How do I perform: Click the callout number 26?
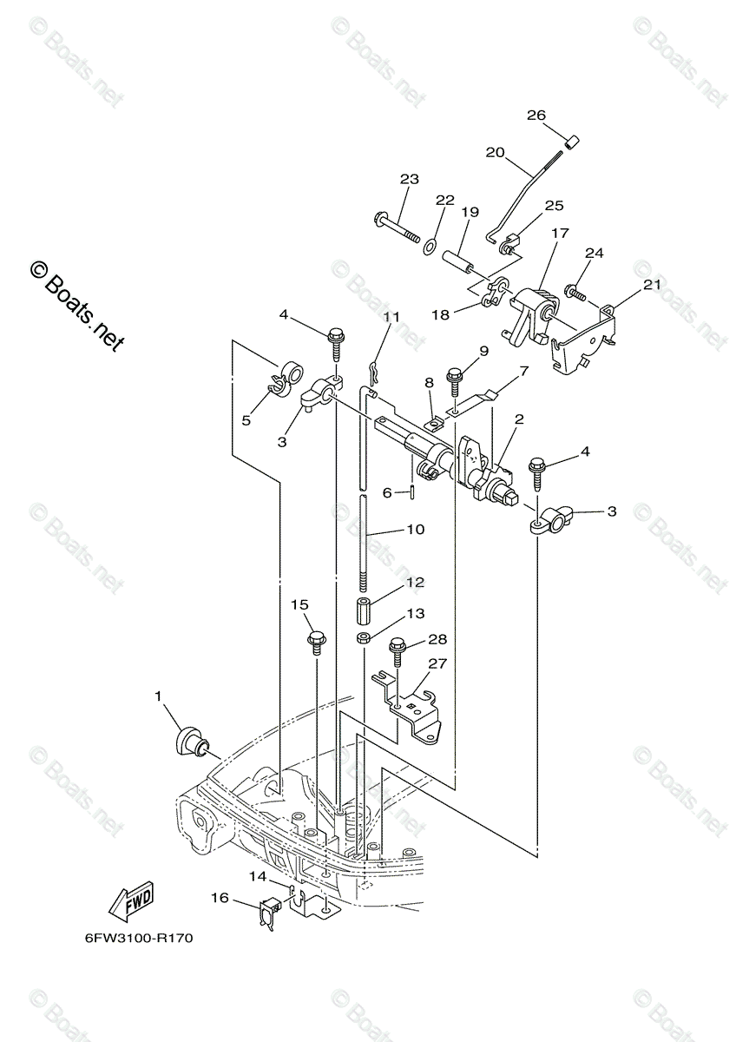pyautogui.click(x=536, y=115)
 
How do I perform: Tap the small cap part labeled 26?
pyautogui.click(x=573, y=142)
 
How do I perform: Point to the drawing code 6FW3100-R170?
pyautogui.click(x=139, y=939)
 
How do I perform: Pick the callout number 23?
pyautogui.click(x=409, y=180)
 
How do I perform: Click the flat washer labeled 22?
pyautogui.click(x=430, y=248)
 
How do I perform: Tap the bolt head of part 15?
pyautogui.click(x=316, y=643)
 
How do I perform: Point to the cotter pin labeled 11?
pyautogui.click(x=374, y=372)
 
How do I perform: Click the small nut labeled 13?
pyautogui.click(x=364, y=639)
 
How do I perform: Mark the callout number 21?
pyautogui.click(x=651, y=285)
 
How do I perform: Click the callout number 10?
pyautogui.click(x=415, y=529)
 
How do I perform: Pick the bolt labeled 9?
pyautogui.click(x=454, y=379)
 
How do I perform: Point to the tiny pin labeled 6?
pyautogui.click(x=412, y=492)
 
